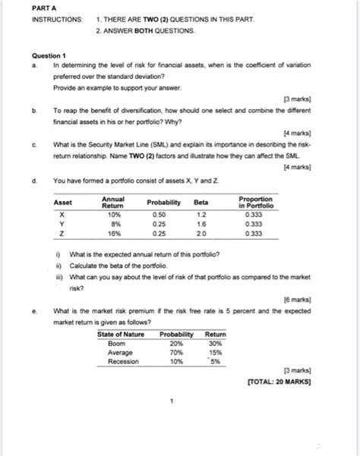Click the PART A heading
pos(45,8)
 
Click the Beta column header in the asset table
pos(201,203)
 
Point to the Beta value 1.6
pos(201,225)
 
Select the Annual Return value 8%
pos(112,225)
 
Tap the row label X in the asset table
pos(61,215)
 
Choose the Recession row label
pos(122,360)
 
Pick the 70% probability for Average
pos(175,351)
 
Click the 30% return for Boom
pos(215,342)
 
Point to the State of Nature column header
pos(123,333)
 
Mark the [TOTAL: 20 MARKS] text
pos(279,382)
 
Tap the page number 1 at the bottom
pos(174,400)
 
